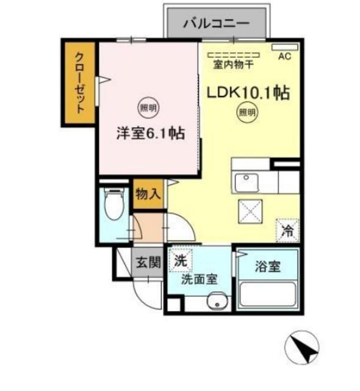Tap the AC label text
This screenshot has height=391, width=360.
click(284, 56)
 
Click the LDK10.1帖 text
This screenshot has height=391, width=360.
click(247, 93)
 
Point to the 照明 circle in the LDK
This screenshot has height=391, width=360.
click(247, 113)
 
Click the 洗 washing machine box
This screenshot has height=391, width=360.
click(180, 260)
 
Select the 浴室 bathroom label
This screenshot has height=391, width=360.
click(267, 267)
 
